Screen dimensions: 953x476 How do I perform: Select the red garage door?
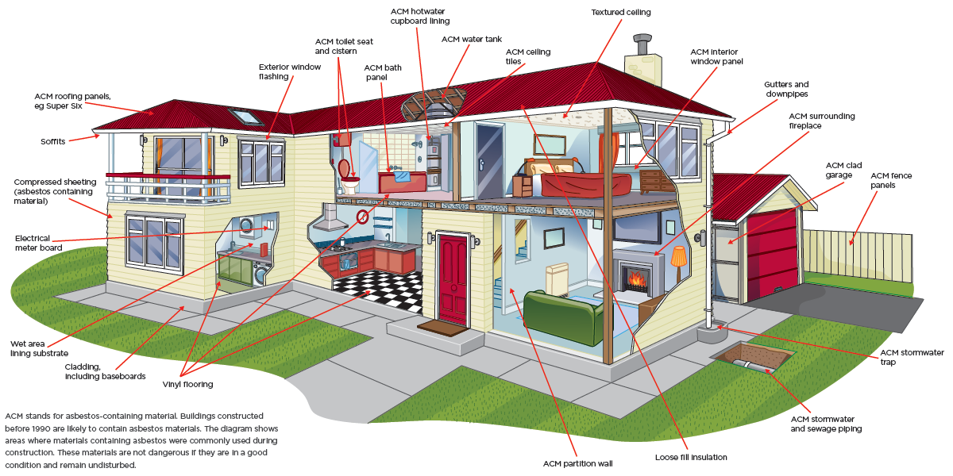pyautogui.click(x=772, y=254)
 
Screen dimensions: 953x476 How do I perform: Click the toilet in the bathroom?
pyautogui.click(x=348, y=178)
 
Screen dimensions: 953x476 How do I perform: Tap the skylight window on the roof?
pyautogui.click(x=245, y=117)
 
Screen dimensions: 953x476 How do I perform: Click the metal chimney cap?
pyautogui.click(x=642, y=44)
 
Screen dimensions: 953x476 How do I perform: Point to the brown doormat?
pyautogui.click(x=442, y=327)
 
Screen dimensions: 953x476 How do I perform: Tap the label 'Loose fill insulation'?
pyautogui.click(x=691, y=457)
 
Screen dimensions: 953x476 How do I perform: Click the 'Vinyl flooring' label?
pyautogui.click(x=187, y=384)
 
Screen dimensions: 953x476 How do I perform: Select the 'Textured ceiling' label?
pyautogui.click(x=621, y=13)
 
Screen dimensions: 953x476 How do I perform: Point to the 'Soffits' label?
pyautogui.click(x=52, y=141)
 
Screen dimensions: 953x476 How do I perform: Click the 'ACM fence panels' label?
pyautogui.click(x=891, y=180)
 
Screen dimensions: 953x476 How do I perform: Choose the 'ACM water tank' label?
pyautogui.click(x=472, y=39)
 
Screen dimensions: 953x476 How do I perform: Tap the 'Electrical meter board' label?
pyautogui.click(x=38, y=243)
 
